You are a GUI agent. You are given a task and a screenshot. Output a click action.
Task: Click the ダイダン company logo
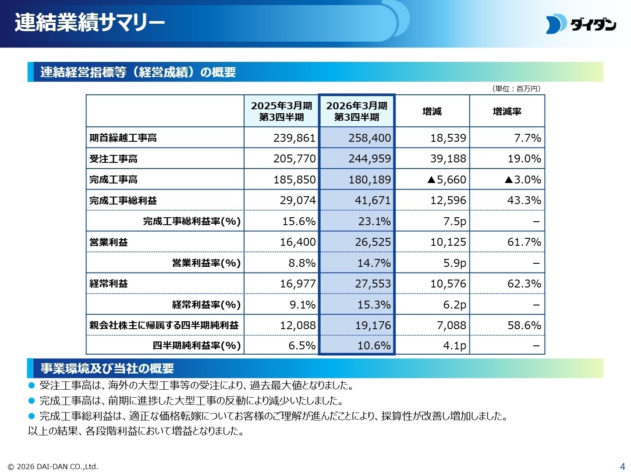point(581,25)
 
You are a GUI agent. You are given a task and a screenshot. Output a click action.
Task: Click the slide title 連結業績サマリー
point(90,22)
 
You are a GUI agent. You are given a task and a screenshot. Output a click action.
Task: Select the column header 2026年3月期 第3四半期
point(357,111)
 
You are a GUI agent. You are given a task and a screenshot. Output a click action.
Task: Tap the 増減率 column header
point(507,111)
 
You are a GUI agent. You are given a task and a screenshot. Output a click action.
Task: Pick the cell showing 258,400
point(369,138)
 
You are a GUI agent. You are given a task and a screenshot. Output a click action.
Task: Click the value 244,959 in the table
point(369,158)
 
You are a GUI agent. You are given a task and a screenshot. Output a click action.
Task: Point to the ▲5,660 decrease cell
point(446,180)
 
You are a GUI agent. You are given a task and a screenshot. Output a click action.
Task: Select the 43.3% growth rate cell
point(524,201)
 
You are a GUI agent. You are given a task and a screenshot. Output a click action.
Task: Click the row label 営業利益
point(109,242)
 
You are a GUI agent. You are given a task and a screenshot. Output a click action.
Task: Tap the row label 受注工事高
point(113,159)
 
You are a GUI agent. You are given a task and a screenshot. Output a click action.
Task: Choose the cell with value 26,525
point(372,242)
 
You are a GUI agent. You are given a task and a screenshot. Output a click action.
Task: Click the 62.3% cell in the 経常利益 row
point(524,284)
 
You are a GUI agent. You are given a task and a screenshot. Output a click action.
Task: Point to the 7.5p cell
point(454,221)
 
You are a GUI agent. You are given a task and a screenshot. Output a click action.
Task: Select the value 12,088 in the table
point(298,326)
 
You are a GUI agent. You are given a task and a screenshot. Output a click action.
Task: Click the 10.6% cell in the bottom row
point(374,346)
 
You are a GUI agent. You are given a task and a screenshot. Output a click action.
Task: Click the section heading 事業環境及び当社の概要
point(107,368)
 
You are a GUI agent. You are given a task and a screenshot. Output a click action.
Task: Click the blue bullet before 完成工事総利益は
point(31,416)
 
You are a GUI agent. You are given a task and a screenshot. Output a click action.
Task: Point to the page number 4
point(622,467)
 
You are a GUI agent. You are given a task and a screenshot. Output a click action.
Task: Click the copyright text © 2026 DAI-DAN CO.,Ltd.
point(53,467)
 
